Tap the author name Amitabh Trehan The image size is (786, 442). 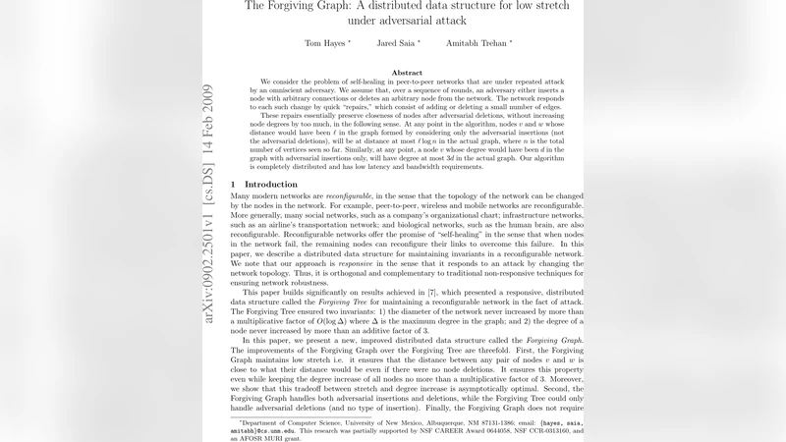[x=480, y=43]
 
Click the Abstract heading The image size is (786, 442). [x=407, y=73]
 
